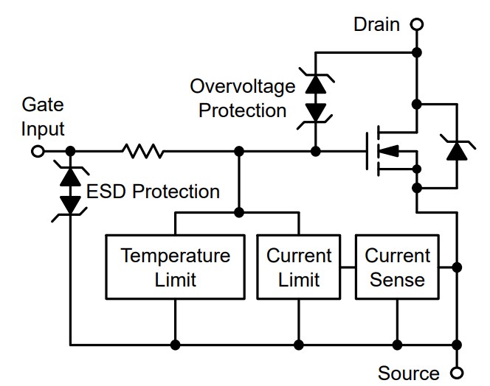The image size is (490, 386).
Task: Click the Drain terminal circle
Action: pyautogui.click(x=417, y=24)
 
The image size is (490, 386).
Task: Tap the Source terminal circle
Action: pyautogui.click(x=458, y=372)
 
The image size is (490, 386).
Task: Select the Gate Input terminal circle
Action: pyautogui.click(x=37, y=151)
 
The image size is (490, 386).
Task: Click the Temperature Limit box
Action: pyautogui.click(x=175, y=267)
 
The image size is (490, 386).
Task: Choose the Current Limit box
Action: pyautogui.click(x=299, y=267)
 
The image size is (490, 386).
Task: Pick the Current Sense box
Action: pyautogui.click(x=397, y=267)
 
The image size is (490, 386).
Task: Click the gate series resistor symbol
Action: pyautogui.click(x=143, y=151)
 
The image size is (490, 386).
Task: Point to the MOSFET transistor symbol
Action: pyautogui.click(x=387, y=152)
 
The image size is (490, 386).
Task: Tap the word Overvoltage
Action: pyautogui.click(x=242, y=86)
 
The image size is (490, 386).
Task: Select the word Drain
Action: pyautogui.click(x=376, y=24)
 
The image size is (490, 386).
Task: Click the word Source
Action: pyautogui.click(x=408, y=373)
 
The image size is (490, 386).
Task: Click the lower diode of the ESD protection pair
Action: pyautogui.click(x=70, y=203)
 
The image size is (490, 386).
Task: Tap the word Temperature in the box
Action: pyautogui.click(x=175, y=256)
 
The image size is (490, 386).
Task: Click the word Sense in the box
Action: pyautogui.click(x=397, y=279)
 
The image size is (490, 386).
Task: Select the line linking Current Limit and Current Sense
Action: pyautogui.click(x=348, y=267)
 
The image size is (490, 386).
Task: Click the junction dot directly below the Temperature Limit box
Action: pyautogui.click(x=175, y=344)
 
